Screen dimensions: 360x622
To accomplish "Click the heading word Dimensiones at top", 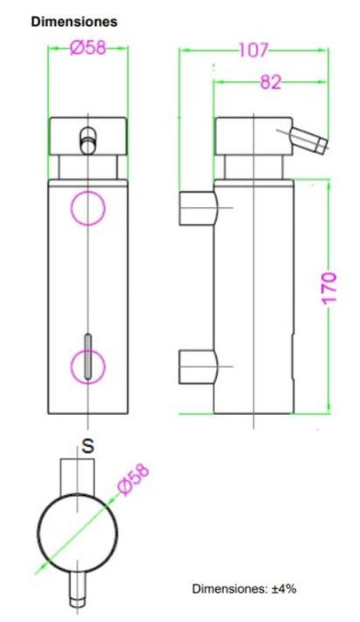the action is (x=75, y=21).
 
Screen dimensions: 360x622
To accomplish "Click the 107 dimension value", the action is (x=253, y=51).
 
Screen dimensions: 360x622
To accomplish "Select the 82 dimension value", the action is (x=271, y=83).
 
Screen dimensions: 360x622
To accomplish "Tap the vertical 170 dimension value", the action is (x=329, y=288).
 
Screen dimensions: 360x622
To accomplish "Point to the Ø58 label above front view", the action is (x=88, y=48).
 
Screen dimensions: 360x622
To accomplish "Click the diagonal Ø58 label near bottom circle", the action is (x=134, y=479).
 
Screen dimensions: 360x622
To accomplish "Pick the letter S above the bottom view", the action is (x=88, y=446).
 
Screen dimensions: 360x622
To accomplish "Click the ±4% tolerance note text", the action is (x=244, y=588).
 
